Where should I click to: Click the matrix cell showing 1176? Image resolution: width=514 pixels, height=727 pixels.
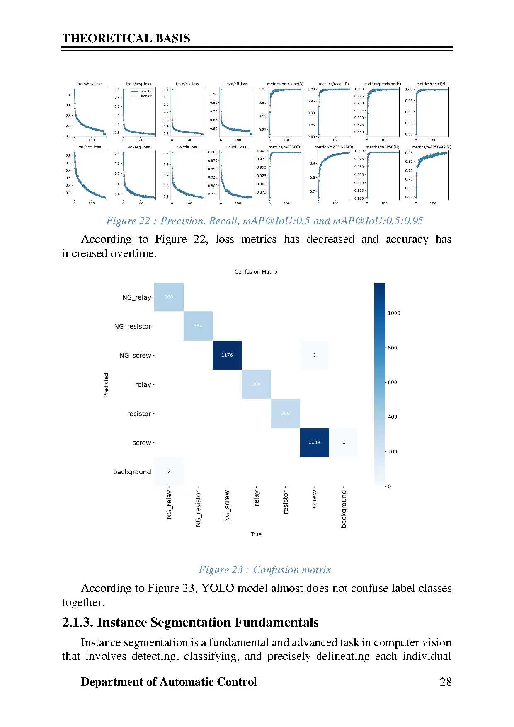227,355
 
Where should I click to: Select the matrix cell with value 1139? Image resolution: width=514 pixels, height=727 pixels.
314,442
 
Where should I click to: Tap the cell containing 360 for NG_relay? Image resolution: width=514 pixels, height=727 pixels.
169,297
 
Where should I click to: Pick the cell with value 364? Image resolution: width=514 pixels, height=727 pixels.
198,326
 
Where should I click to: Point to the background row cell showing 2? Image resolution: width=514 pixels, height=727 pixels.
169,471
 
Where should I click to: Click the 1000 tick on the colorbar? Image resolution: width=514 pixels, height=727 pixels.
394,313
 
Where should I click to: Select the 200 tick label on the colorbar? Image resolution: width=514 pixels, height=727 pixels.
392,451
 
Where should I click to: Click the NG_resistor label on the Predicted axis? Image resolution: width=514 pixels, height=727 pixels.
133,327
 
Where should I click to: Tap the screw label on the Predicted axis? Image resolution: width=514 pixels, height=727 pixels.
142,443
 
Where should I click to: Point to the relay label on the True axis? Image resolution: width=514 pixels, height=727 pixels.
257,498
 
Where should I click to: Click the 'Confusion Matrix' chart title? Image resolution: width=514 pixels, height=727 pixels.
256,272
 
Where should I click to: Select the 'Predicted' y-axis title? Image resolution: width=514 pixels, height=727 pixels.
106,385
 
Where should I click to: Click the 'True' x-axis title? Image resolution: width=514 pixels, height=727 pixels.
256,534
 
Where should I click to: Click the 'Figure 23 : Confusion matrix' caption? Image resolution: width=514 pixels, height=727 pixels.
265,570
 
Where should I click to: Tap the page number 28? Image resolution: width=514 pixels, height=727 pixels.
446,682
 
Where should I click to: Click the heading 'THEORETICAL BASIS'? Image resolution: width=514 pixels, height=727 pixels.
126,39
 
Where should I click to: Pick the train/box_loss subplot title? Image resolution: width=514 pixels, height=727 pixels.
90,84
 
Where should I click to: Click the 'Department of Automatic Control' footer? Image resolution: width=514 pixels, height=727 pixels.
169,682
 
